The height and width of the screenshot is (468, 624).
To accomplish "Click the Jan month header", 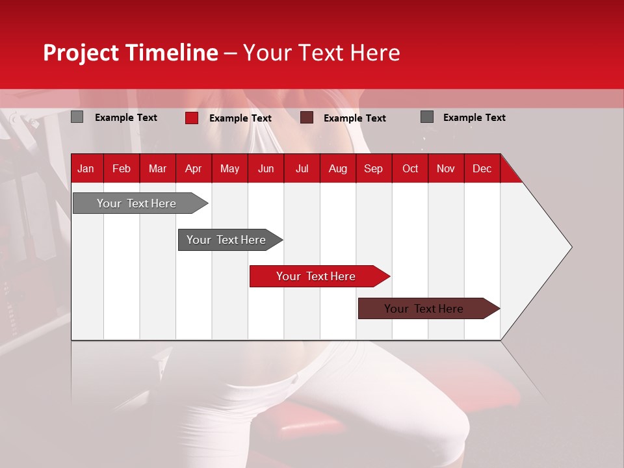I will [86, 168].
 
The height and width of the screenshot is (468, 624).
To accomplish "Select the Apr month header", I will [193, 168].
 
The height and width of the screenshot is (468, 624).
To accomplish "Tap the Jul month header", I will [302, 168].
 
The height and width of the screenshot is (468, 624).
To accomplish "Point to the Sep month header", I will [373, 168].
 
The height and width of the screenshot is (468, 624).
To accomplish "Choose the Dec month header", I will [482, 168].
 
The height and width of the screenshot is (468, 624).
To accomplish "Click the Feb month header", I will [122, 168].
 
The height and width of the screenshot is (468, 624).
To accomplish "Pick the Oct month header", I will [410, 168].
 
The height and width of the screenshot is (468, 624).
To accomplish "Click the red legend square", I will [191, 118].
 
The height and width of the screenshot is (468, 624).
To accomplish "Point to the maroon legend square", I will [307, 118].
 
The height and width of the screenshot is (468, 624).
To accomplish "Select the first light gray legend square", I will [77, 117].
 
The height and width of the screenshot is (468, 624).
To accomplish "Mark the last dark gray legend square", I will [427, 117].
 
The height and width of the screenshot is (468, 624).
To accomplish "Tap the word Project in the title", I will [81, 53].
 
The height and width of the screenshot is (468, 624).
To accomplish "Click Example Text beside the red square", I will [240, 118].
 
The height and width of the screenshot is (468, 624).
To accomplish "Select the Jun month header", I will [266, 168].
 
